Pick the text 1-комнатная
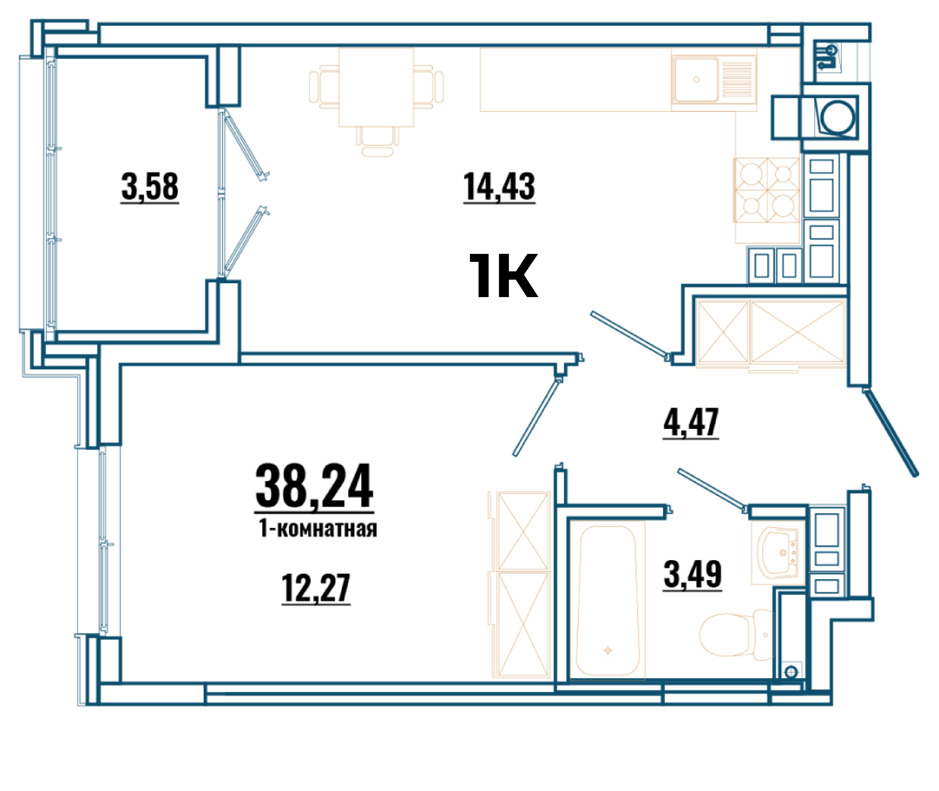coord(318,529)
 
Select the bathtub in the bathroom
coord(608,601)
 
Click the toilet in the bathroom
coord(736,634)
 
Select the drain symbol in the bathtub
coord(608,650)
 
